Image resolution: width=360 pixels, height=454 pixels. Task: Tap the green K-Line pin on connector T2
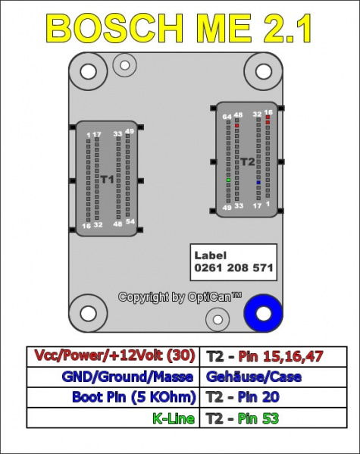click(x=228, y=180)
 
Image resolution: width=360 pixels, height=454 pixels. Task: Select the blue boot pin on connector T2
click(x=258, y=183)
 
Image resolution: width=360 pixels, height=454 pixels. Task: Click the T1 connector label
click(x=107, y=179)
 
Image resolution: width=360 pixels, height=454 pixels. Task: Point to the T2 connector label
click(x=248, y=161)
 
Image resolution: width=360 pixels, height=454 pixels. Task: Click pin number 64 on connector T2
click(x=227, y=117)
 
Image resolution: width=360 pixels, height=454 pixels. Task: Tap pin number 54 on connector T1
click(x=130, y=221)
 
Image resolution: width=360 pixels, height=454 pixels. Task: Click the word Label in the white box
click(x=210, y=256)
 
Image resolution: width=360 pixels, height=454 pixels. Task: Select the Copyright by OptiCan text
click(x=180, y=297)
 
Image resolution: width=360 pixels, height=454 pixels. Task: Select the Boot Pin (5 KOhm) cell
click(x=134, y=396)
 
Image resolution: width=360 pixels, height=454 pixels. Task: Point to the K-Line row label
click(x=174, y=418)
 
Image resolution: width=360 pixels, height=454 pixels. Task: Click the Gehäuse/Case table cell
click(x=253, y=376)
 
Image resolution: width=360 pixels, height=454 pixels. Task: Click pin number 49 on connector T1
click(x=130, y=132)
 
